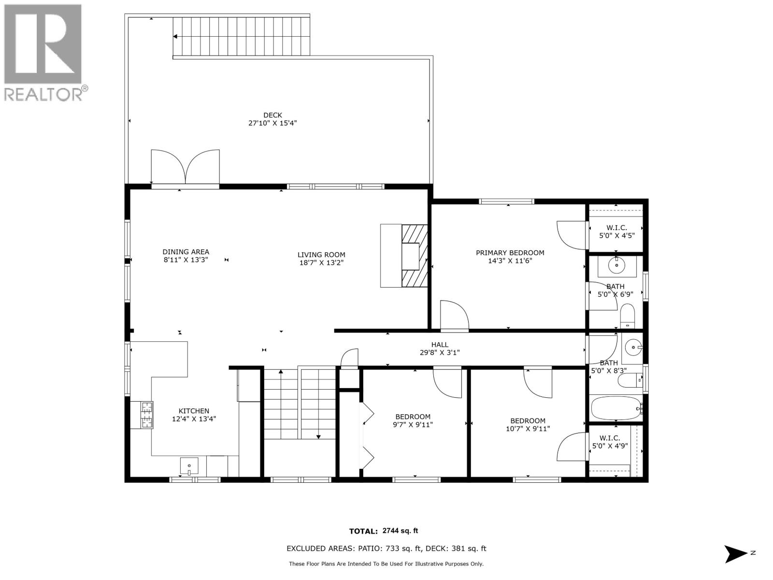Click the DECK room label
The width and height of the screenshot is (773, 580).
pyautogui.click(x=272, y=115)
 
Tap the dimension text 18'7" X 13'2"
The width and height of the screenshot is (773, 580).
pyautogui.click(x=321, y=263)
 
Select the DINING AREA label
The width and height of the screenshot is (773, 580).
pyautogui.click(x=186, y=252)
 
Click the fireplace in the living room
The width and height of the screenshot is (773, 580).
pyautogui.click(x=414, y=256)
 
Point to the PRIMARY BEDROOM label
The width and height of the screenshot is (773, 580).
pyautogui.click(x=510, y=253)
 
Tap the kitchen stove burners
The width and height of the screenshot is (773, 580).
pyautogui.click(x=147, y=415)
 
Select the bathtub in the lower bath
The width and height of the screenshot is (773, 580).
pyautogui.click(x=616, y=408)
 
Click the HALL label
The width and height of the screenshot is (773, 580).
pyautogui.click(x=440, y=345)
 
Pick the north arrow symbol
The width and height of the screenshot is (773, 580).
pyautogui.click(x=736, y=553)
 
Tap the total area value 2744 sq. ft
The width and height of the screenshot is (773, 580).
pyautogui.click(x=400, y=531)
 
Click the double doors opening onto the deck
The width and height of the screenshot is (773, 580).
pyautogui.click(x=186, y=167)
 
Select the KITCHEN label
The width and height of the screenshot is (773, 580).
pyautogui.click(x=194, y=411)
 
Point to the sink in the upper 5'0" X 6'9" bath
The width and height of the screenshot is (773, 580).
pyautogui.click(x=617, y=265)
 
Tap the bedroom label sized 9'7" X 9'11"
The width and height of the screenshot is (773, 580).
pyautogui.click(x=413, y=417)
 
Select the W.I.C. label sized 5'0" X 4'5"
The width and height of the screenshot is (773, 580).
pyautogui.click(x=616, y=228)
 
